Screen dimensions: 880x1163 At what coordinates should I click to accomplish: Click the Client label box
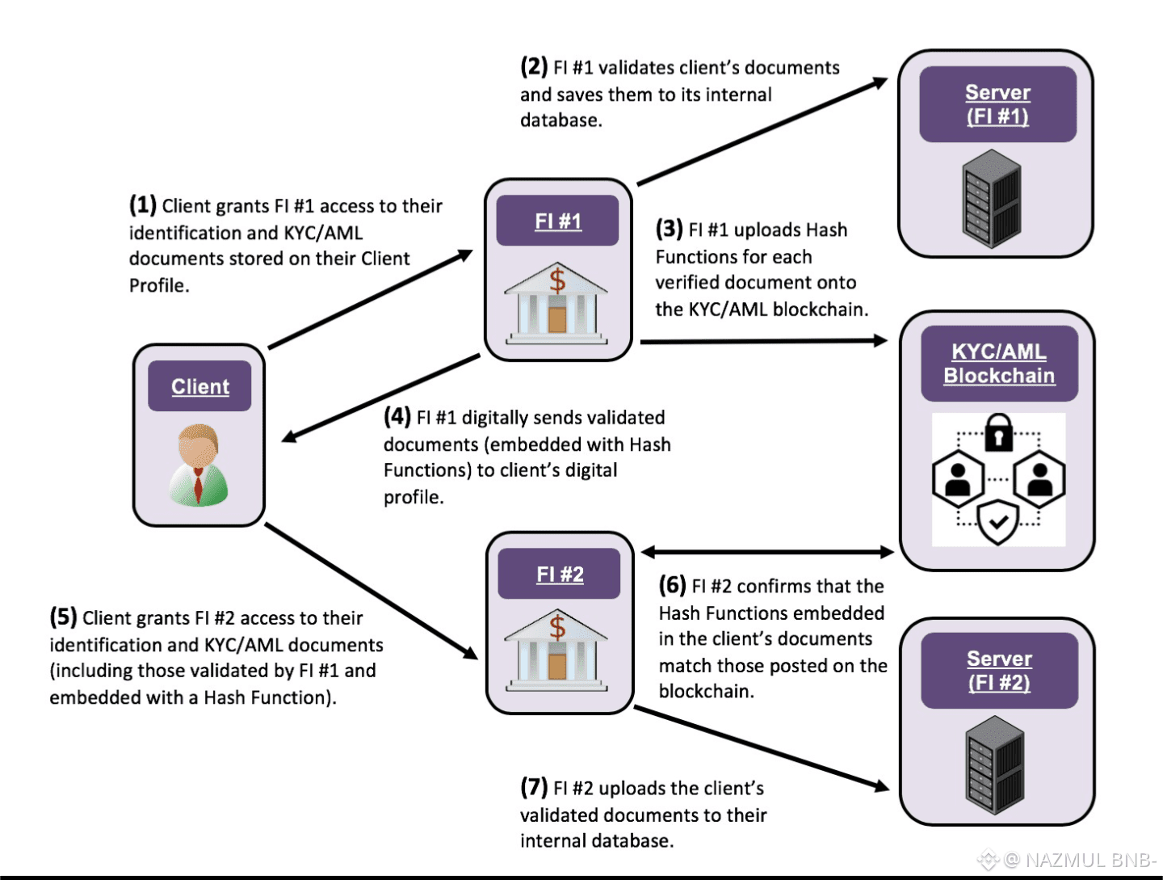tap(199, 386)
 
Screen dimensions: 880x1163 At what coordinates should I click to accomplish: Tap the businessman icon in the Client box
tap(199, 465)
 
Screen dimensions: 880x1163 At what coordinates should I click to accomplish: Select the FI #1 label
tap(557, 221)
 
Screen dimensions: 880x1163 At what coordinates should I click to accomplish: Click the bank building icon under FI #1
tap(556, 303)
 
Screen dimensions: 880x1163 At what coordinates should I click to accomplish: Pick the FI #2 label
tap(560, 574)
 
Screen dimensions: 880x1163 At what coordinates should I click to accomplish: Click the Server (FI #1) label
tap(997, 104)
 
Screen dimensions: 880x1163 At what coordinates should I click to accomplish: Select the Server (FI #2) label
tap(999, 671)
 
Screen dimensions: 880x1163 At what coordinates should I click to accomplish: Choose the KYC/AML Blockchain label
tap(999, 364)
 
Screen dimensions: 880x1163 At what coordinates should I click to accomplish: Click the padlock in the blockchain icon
tap(998, 432)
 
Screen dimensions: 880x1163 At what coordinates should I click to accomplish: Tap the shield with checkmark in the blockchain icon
tap(998, 522)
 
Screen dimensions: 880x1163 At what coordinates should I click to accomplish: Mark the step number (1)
tap(143, 204)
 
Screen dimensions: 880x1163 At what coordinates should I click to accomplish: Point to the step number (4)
tap(397, 416)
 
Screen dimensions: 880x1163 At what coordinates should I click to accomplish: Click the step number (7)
tap(534, 786)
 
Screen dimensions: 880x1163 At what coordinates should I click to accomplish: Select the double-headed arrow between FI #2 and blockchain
tap(767, 553)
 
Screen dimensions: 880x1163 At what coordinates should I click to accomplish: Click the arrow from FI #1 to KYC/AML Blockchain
tap(763, 341)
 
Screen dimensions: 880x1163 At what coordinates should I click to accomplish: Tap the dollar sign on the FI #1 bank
tap(557, 280)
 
